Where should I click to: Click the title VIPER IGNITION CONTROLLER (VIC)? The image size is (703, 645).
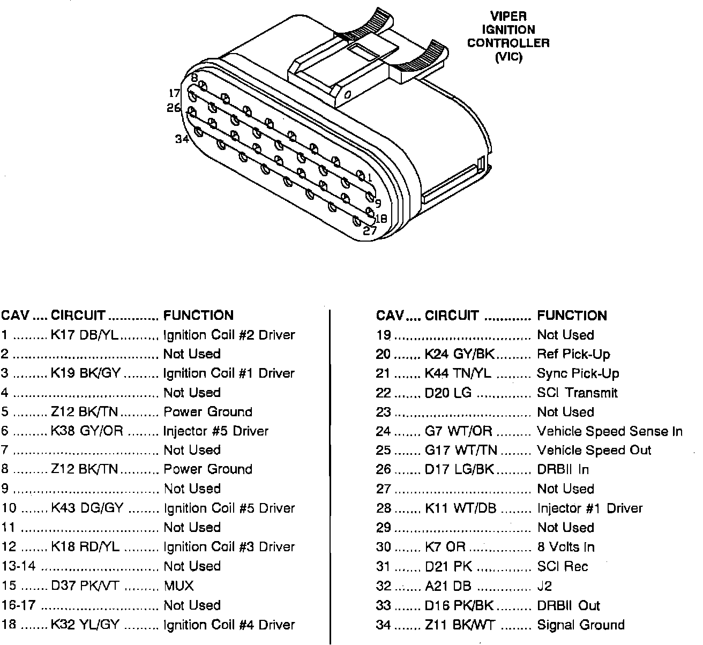(508, 36)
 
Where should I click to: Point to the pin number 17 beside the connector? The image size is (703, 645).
(175, 93)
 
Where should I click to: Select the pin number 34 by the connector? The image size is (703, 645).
(182, 139)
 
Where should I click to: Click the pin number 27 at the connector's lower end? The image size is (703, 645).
(370, 231)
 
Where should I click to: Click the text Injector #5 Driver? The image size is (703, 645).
(215, 431)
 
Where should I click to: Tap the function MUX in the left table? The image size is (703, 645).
(178, 586)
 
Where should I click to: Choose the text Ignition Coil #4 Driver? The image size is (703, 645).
(229, 625)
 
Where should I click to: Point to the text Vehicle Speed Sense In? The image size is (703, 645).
(609, 431)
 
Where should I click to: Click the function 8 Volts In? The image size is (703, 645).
(565, 547)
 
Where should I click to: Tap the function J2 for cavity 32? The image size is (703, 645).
(544, 586)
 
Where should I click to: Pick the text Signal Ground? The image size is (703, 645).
(580, 625)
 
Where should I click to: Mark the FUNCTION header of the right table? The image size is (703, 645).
(572, 316)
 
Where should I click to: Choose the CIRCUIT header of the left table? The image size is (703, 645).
(78, 316)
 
